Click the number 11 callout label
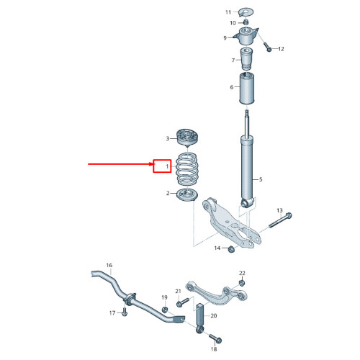(228, 12)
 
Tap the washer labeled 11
(246, 12)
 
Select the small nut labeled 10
(246, 22)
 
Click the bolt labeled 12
(267, 47)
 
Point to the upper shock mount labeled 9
(246, 36)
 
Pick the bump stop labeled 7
(246, 59)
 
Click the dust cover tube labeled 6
(247, 89)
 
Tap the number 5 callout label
(261, 179)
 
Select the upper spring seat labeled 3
(187, 138)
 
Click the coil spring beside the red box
(187, 169)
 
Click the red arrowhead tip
(153, 164)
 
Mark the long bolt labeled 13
(280, 220)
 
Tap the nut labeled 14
(231, 249)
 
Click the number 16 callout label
(109, 265)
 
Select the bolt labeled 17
(125, 312)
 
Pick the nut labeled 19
(165, 310)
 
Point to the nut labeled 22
(242, 283)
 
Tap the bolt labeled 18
(215, 338)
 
